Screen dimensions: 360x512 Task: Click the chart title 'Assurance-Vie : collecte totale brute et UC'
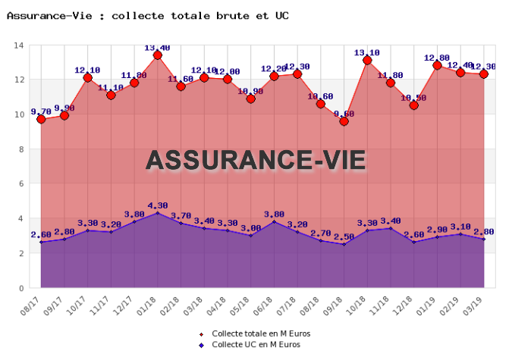pyautogui.click(x=147, y=15)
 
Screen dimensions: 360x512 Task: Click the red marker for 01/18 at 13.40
pyautogui.click(x=158, y=55)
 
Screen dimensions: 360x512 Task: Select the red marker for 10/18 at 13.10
pyautogui.click(x=367, y=60)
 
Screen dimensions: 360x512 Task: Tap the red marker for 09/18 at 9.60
pyautogui.click(x=344, y=121)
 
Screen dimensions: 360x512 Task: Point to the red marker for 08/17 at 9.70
pyautogui.click(x=42, y=119)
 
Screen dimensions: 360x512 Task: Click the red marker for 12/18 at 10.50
pyautogui.click(x=413, y=105)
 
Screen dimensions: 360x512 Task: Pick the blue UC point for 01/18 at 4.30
pyautogui.click(x=158, y=213)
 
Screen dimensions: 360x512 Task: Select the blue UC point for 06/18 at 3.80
pyautogui.click(x=274, y=221)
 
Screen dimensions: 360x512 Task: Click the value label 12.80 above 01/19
pyautogui.click(x=437, y=58)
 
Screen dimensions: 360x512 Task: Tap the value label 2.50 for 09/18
pyautogui.click(x=343, y=237)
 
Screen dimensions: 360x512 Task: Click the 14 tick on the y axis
pyautogui.click(x=19, y=45)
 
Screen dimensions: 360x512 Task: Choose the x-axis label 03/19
pyautogui.click(x=477, y=305)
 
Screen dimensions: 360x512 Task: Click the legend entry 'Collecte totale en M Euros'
pyautogui.click(x=260, y=333)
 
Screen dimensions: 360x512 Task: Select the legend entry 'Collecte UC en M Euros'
pyautogui.click(x=256, y=345)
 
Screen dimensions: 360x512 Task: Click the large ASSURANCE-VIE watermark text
pyautogui.click(x=256, y=160)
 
